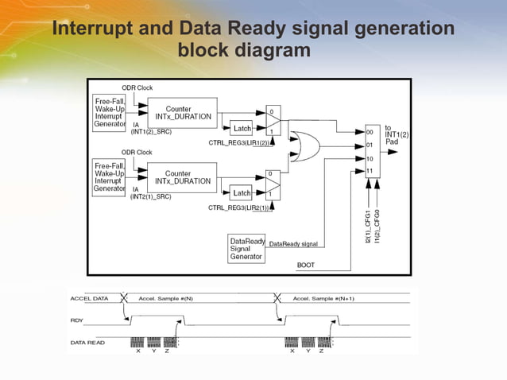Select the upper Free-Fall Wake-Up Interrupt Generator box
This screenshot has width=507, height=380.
tap(110, 113)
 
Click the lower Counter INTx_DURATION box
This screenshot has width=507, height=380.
tap(182, 177)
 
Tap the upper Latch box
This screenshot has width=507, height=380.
tap(242, 128)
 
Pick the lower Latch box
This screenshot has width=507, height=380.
tap(242, 193)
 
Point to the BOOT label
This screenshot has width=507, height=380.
tap(306, 264)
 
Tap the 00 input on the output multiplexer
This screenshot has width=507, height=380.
tap(370, 132)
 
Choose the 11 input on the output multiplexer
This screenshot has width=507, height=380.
tap(370, 171)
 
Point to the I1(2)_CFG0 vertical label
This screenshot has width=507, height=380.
tap(378, 227)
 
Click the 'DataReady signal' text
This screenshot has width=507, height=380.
tap(294, 243)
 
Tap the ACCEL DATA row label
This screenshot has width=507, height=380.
tap(89, 298)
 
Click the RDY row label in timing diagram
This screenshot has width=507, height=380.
tap(77, 320)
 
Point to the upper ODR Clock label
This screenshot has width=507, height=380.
tap(137, 87)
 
